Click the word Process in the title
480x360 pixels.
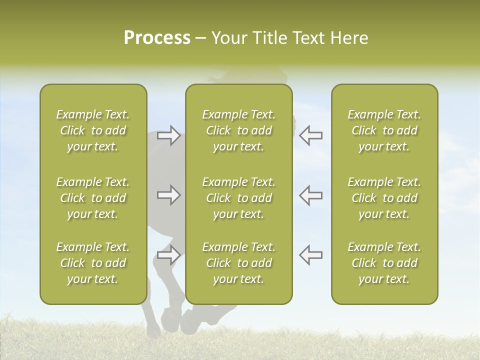[x=157, y=38]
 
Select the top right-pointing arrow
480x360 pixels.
[x=169, y=135]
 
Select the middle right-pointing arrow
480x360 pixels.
[x=169, y=195]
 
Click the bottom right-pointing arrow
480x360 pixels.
[x=169, y=255]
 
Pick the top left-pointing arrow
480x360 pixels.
[x=311, y=135]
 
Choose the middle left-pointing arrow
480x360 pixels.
[x=311, y=195]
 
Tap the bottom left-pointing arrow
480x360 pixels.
[x=311, y=255]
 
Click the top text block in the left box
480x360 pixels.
[x=93, y=130]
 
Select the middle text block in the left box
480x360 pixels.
[x=93, y=198]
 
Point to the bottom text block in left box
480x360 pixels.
[x=93, y=263]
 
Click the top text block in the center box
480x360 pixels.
[x=238, y=130]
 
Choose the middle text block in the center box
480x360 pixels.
[x=238, y=198]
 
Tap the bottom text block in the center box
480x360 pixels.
[x=238, y=263]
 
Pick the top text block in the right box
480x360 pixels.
[x=384, y=130]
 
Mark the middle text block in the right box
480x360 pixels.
[x=384, y=198]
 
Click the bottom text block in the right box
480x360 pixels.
[x=384, y=263]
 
